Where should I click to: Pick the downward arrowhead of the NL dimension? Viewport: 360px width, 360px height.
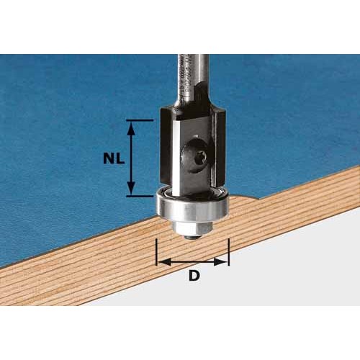[131, 190]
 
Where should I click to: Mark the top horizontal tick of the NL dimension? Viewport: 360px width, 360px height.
[139, 121]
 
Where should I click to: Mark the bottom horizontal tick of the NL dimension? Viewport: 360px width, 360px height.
[139, 195]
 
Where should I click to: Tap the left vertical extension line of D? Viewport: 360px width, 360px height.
[156, 253]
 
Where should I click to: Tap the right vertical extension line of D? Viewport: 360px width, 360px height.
[228, 253]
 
